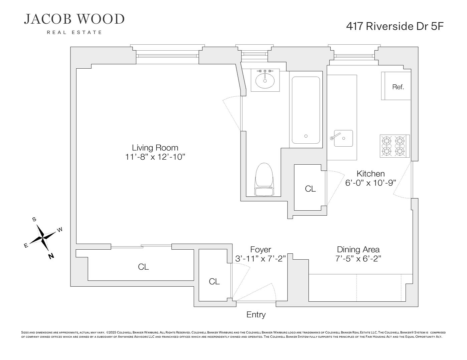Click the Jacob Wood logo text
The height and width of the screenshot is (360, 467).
coord(74,19)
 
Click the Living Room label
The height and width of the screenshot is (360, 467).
coord(155,148)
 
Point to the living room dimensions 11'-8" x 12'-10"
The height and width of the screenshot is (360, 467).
coord(155,157)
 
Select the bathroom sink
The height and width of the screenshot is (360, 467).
coord(265,80)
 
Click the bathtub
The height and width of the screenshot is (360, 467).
coord(306,110)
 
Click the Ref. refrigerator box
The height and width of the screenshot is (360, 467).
coord(398,87)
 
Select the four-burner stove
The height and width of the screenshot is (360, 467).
coord(395,146)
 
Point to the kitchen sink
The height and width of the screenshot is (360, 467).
coord(343,138)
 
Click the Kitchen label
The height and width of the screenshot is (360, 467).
coord(370,174)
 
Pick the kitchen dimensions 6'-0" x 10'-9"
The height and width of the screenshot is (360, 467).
coord(370,183)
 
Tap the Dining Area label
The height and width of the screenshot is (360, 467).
coord(358,249)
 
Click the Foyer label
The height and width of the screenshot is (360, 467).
coord(261,250)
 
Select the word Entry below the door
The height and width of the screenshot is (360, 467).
coord(256,315)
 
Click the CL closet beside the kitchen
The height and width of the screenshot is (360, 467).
coord(310,189)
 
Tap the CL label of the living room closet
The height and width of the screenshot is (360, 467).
coord(143,267)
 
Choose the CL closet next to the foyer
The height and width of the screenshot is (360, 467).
coord(214,282)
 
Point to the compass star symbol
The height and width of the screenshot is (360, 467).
coord(43,237)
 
